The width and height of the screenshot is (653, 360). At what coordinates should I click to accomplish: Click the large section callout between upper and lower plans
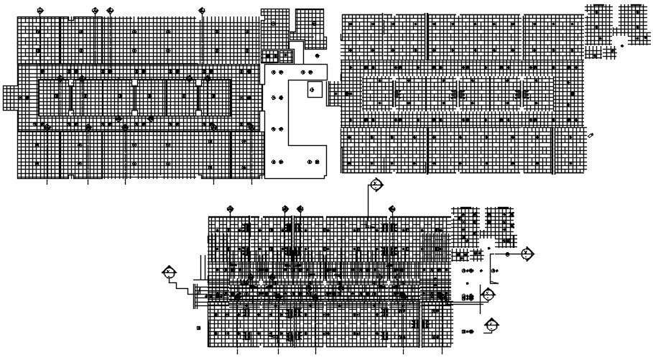click(x=376, y=185)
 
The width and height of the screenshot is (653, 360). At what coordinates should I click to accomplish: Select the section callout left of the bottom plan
click(x=170, y=272)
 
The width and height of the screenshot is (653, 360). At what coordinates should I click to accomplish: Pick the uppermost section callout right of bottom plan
click(x=527, y=254)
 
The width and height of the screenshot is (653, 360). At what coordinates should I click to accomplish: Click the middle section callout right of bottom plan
click(x=488, y=294)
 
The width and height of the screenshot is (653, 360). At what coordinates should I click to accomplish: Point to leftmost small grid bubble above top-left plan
click(x=40, y=11)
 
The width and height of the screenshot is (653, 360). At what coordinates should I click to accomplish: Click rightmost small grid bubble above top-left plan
click(x=202, y=11)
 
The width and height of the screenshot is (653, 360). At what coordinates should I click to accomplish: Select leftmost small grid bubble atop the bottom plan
click(x=230, y=209)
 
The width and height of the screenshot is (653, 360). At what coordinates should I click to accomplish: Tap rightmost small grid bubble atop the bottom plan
click(x=392, y=209)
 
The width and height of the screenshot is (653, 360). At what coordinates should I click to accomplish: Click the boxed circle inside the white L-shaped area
click(x=314, y=90)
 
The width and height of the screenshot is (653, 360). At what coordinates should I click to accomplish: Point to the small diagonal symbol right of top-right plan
click(x=591, y=135)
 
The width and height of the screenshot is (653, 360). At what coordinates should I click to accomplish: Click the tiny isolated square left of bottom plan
click(x=198, y=328)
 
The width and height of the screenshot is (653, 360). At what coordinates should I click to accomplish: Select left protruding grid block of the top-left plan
click(x=10, y=98)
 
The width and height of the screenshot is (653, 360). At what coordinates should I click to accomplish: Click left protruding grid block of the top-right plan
click(x=334, y=93)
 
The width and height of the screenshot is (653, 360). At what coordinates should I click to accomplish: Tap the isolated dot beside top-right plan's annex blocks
click(x=622, y=46)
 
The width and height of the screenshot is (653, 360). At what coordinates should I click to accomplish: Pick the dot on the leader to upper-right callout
click(x=507, y=254)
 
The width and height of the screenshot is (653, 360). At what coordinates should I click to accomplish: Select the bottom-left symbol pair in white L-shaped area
click(x=275, y=162)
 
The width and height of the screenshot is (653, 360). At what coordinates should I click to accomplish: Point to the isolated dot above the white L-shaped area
click(x=317, y=55)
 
